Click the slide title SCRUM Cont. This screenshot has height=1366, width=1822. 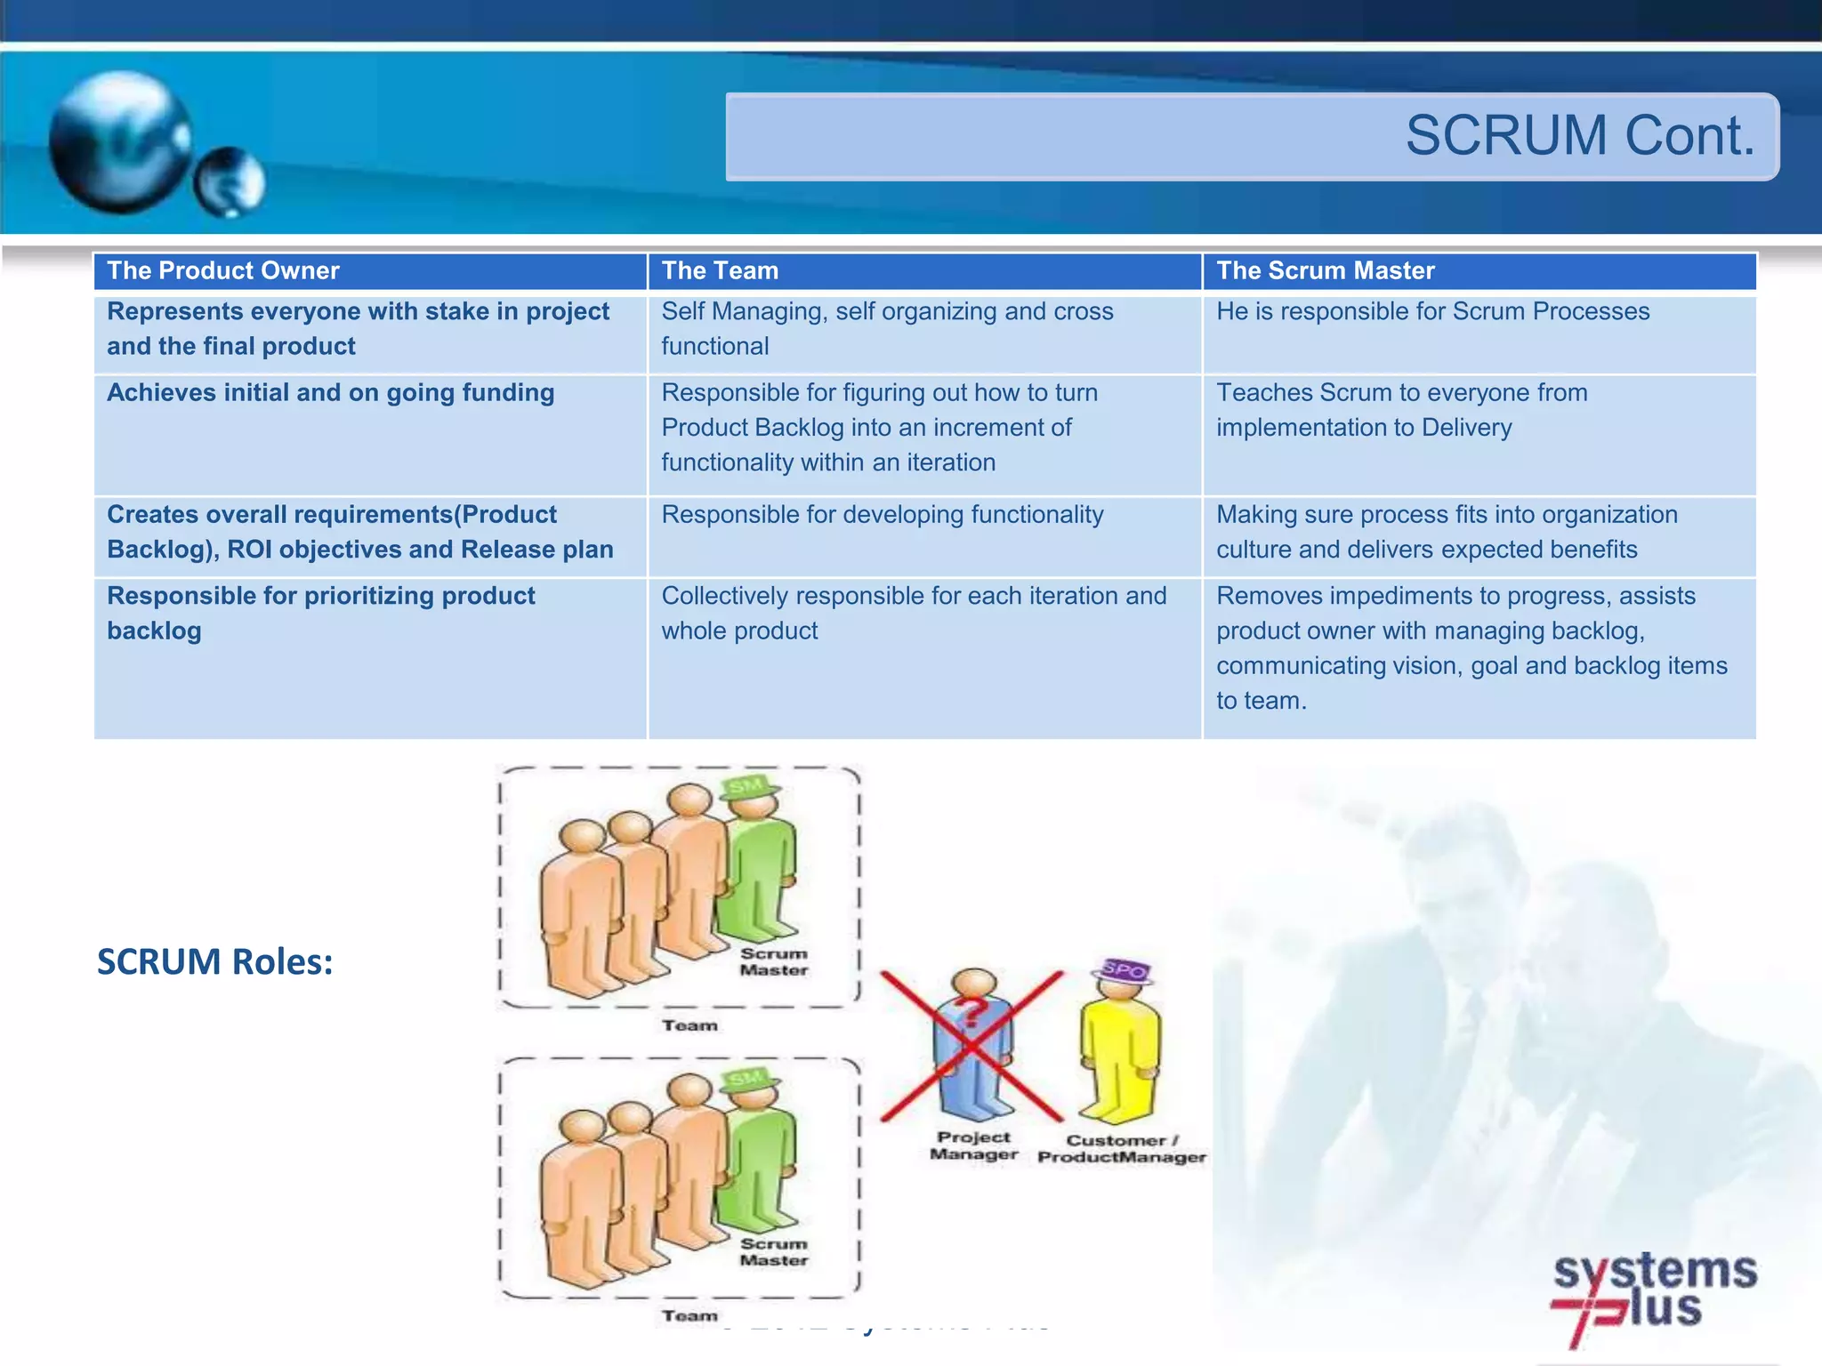[1579, 136]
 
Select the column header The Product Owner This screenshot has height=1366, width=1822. [223, 271]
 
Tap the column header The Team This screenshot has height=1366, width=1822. [720, 271]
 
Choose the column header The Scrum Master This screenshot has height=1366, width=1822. [1325, 271]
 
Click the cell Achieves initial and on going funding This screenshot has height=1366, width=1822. [330, 393]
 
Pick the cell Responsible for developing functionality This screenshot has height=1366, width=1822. [882, 515]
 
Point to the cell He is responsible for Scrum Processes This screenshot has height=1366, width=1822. [1432, 312]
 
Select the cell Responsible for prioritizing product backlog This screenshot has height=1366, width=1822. [320, 613]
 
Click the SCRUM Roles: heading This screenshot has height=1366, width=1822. [215, 962]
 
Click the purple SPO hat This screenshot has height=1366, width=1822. [1124, 970]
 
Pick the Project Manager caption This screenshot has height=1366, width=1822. [973, 1145]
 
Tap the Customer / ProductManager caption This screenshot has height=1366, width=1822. [1121, 1148]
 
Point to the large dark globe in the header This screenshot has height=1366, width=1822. [120, 142]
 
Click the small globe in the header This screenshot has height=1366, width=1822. [230, 182]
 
